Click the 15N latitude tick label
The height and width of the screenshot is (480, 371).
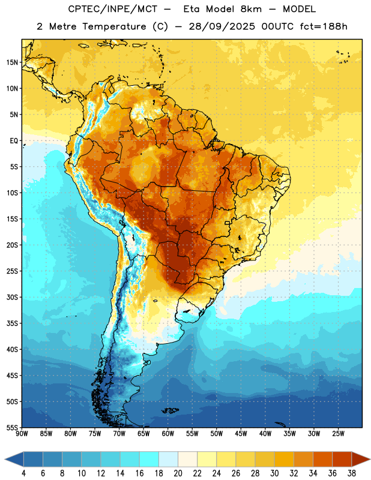tap(12, 62)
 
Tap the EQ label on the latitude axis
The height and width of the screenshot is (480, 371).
tap(14, 141)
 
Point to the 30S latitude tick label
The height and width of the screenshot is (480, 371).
tap(12, 297)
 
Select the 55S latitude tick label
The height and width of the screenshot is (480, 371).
tap(12, 428)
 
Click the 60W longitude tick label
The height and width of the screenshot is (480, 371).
tap(168, 434)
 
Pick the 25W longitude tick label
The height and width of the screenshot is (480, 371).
tap(338, 434)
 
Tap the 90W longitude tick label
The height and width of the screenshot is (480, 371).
tap(22, 434)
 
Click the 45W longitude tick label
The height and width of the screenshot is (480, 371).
tap(241, 434)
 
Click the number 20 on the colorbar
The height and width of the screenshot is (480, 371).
tap(178, 473)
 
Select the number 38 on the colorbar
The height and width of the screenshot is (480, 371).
tap(352, 473)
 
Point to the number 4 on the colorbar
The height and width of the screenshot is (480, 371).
tap(23, 473)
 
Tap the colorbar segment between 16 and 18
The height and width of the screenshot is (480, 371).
tap(149, 459)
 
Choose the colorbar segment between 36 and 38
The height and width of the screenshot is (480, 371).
tap(342, 459)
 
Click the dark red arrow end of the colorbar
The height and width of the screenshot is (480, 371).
tap(360, 459)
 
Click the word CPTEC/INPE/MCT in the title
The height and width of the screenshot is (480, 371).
tap(112, 9)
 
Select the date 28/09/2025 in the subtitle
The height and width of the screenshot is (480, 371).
tap(222, 26)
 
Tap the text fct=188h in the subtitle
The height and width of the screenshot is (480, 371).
tap(324, 26)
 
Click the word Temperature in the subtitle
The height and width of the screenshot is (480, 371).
tap(114, 26)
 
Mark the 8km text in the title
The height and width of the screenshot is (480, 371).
tap(251, 9)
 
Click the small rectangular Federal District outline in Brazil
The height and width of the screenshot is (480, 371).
tap(228, 223)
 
